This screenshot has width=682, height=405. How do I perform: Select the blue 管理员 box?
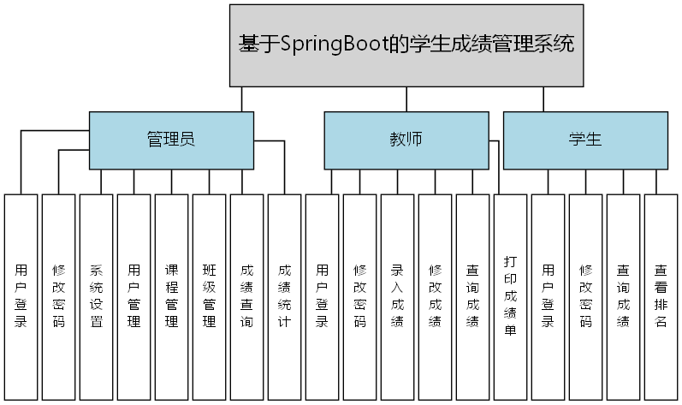click(x=171, y=140)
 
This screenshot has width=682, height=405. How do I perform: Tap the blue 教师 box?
click(x=406, y=140)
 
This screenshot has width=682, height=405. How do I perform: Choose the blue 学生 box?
click(x=585, y=140)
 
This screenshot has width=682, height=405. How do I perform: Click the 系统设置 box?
click(x=96, y=296)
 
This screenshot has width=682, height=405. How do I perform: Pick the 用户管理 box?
click(x=133, y=296)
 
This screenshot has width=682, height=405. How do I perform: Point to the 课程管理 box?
click(x=171, y=296)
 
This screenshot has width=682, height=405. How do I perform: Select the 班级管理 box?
click(x=209, y=296)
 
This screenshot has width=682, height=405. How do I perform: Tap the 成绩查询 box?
click(x=246, y=296)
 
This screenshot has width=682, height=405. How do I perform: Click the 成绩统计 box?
click(x=284, y=296)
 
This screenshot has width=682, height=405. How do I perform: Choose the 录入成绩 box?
click(x=397, y=296)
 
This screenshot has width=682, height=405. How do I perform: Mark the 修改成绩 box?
click(x=435, y=296)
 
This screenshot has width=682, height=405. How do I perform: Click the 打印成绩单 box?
click(x=510, y=296)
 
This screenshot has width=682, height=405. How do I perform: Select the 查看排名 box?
click(x=661, y=296)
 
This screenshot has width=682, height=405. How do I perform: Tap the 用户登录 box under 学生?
click(x=548, y=296)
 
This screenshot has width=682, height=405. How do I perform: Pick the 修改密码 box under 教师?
click(x=359, y=296)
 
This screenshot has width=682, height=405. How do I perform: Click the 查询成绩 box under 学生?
click(x=623, y=296)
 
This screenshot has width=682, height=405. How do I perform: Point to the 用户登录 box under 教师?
click(x=322, y=296)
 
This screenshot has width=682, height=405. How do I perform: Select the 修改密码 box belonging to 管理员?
click(x=58, y=296)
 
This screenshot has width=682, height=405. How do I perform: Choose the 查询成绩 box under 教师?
click(x=472, y=296)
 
